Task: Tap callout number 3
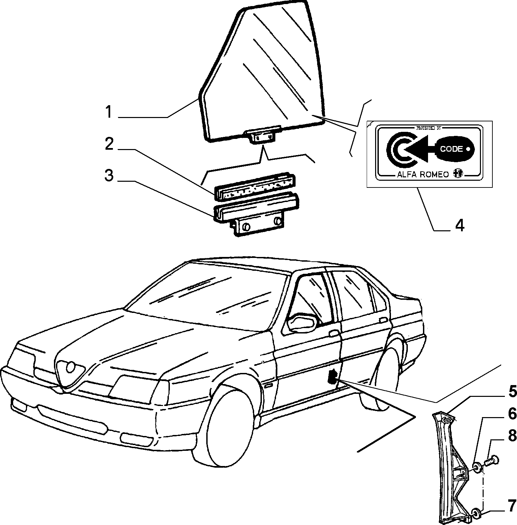point(109,175)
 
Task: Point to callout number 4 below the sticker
point(460,225)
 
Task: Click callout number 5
point(512,391)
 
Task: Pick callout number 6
point(512,413)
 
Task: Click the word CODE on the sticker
point(451,149)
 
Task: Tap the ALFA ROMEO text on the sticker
point(423,174)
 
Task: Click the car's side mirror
point(303,323)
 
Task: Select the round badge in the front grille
point(71,367)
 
